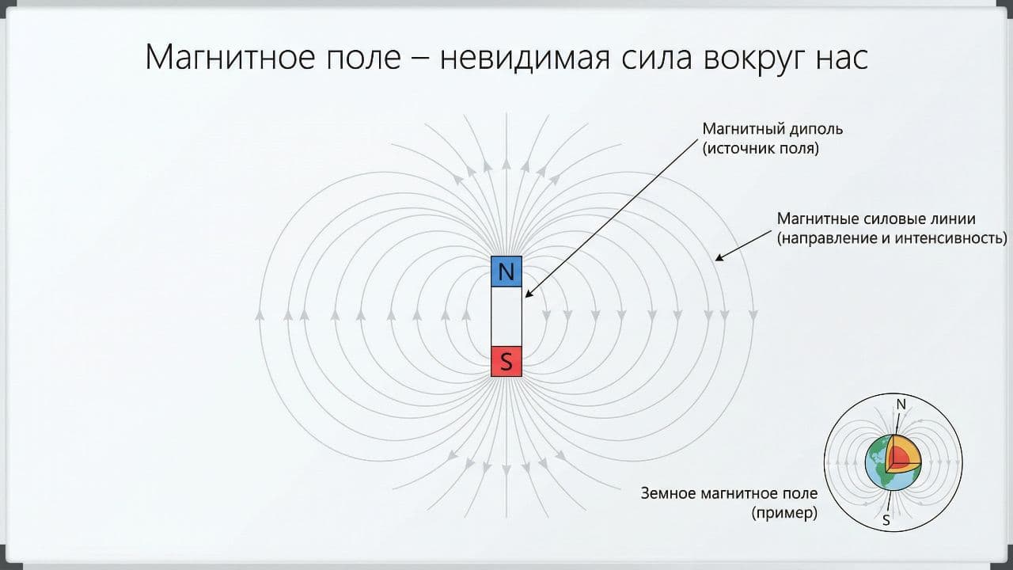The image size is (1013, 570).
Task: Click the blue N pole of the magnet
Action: pos(506,271)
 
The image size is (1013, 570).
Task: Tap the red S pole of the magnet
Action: pos(506,362)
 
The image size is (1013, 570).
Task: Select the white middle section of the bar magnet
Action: pos(506,316)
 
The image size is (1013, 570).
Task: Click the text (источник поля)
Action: pos(761,148)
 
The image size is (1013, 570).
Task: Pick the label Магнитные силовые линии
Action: pos(876,218)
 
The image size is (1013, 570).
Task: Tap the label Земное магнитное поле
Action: pos(729,493)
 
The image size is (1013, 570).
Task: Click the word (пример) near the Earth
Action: pos(784,513)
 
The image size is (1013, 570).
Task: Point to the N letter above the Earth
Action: pos(901,405)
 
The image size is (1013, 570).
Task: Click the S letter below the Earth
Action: pos(886,520)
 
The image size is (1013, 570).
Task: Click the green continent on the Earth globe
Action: pos(877,456)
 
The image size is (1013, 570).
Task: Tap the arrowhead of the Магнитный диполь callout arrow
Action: pos(526,295)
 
